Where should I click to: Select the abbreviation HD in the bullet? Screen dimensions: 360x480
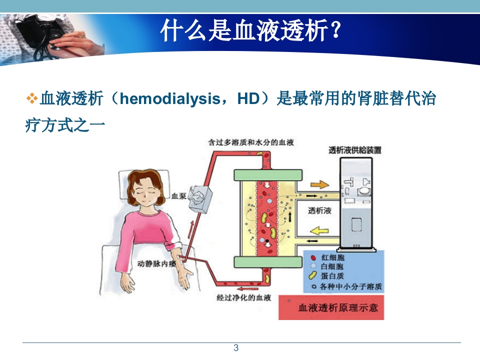[248, 98]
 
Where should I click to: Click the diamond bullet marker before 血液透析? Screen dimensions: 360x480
[31, 98]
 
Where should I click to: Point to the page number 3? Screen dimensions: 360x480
[236, 348]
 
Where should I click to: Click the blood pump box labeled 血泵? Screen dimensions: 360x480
[203, 198]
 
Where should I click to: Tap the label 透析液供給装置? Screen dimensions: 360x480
[355, 150]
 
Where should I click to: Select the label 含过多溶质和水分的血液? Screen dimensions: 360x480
[251, 142]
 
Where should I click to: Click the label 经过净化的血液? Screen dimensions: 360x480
[243, 298]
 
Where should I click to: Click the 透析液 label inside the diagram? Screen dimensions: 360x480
[320, 210]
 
